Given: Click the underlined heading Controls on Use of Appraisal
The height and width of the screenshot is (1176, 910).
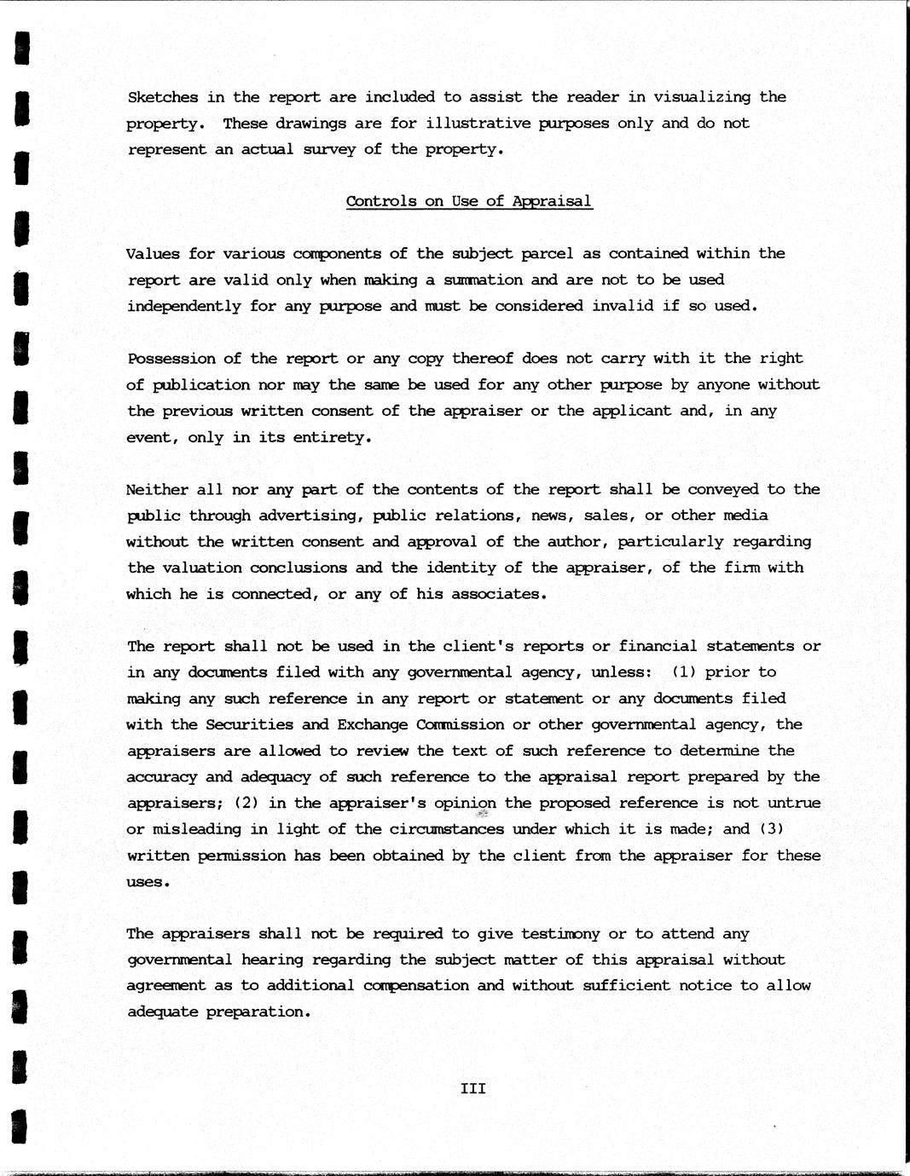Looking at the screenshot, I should click(x=468, y=202).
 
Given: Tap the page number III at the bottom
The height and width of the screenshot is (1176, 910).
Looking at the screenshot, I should click(x=472, y=1088).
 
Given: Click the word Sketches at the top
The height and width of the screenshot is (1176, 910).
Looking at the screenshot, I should click(x=162, y=97).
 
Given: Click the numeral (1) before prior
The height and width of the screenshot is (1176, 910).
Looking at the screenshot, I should click(x=683, y=672).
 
